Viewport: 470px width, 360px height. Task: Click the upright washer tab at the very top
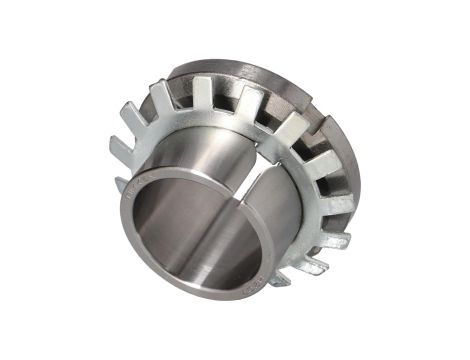pos(204,92)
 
